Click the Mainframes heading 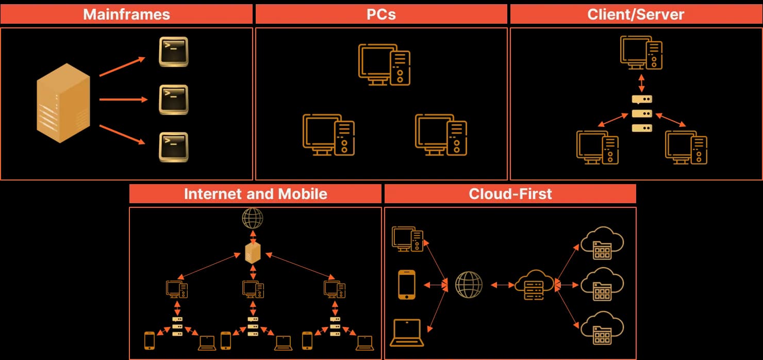click(126, 14)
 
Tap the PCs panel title click(381, 14)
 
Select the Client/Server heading click(635, 14)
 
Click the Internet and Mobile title click(255, 193)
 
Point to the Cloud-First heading click(510, 193)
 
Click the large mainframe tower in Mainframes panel click(63, 103)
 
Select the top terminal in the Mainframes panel click(173, 52)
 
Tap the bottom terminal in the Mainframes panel click(173, 147)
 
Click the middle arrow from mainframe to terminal click(124, 100)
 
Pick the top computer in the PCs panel click(385, 64)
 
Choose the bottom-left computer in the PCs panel click(328, 135)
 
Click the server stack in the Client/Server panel click(642, 113)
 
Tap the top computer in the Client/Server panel click(641, 52)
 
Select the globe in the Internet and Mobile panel click(253, 218)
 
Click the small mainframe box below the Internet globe click(253, 252)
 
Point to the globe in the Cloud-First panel click(469, 285)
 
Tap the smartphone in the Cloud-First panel click(407, 285)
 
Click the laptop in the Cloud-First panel click(407, 333)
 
